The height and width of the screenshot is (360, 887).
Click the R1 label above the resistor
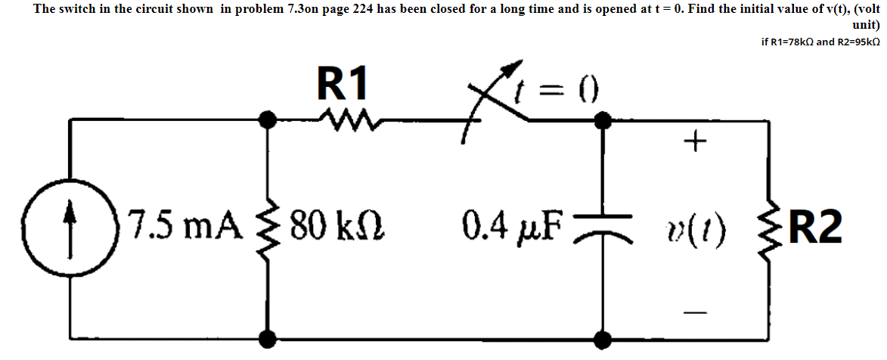[343, 83]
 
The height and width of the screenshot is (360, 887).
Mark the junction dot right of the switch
[602, 119]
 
